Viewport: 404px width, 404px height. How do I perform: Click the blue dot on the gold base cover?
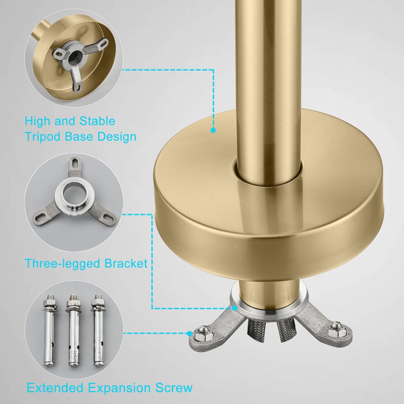(213, 130)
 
